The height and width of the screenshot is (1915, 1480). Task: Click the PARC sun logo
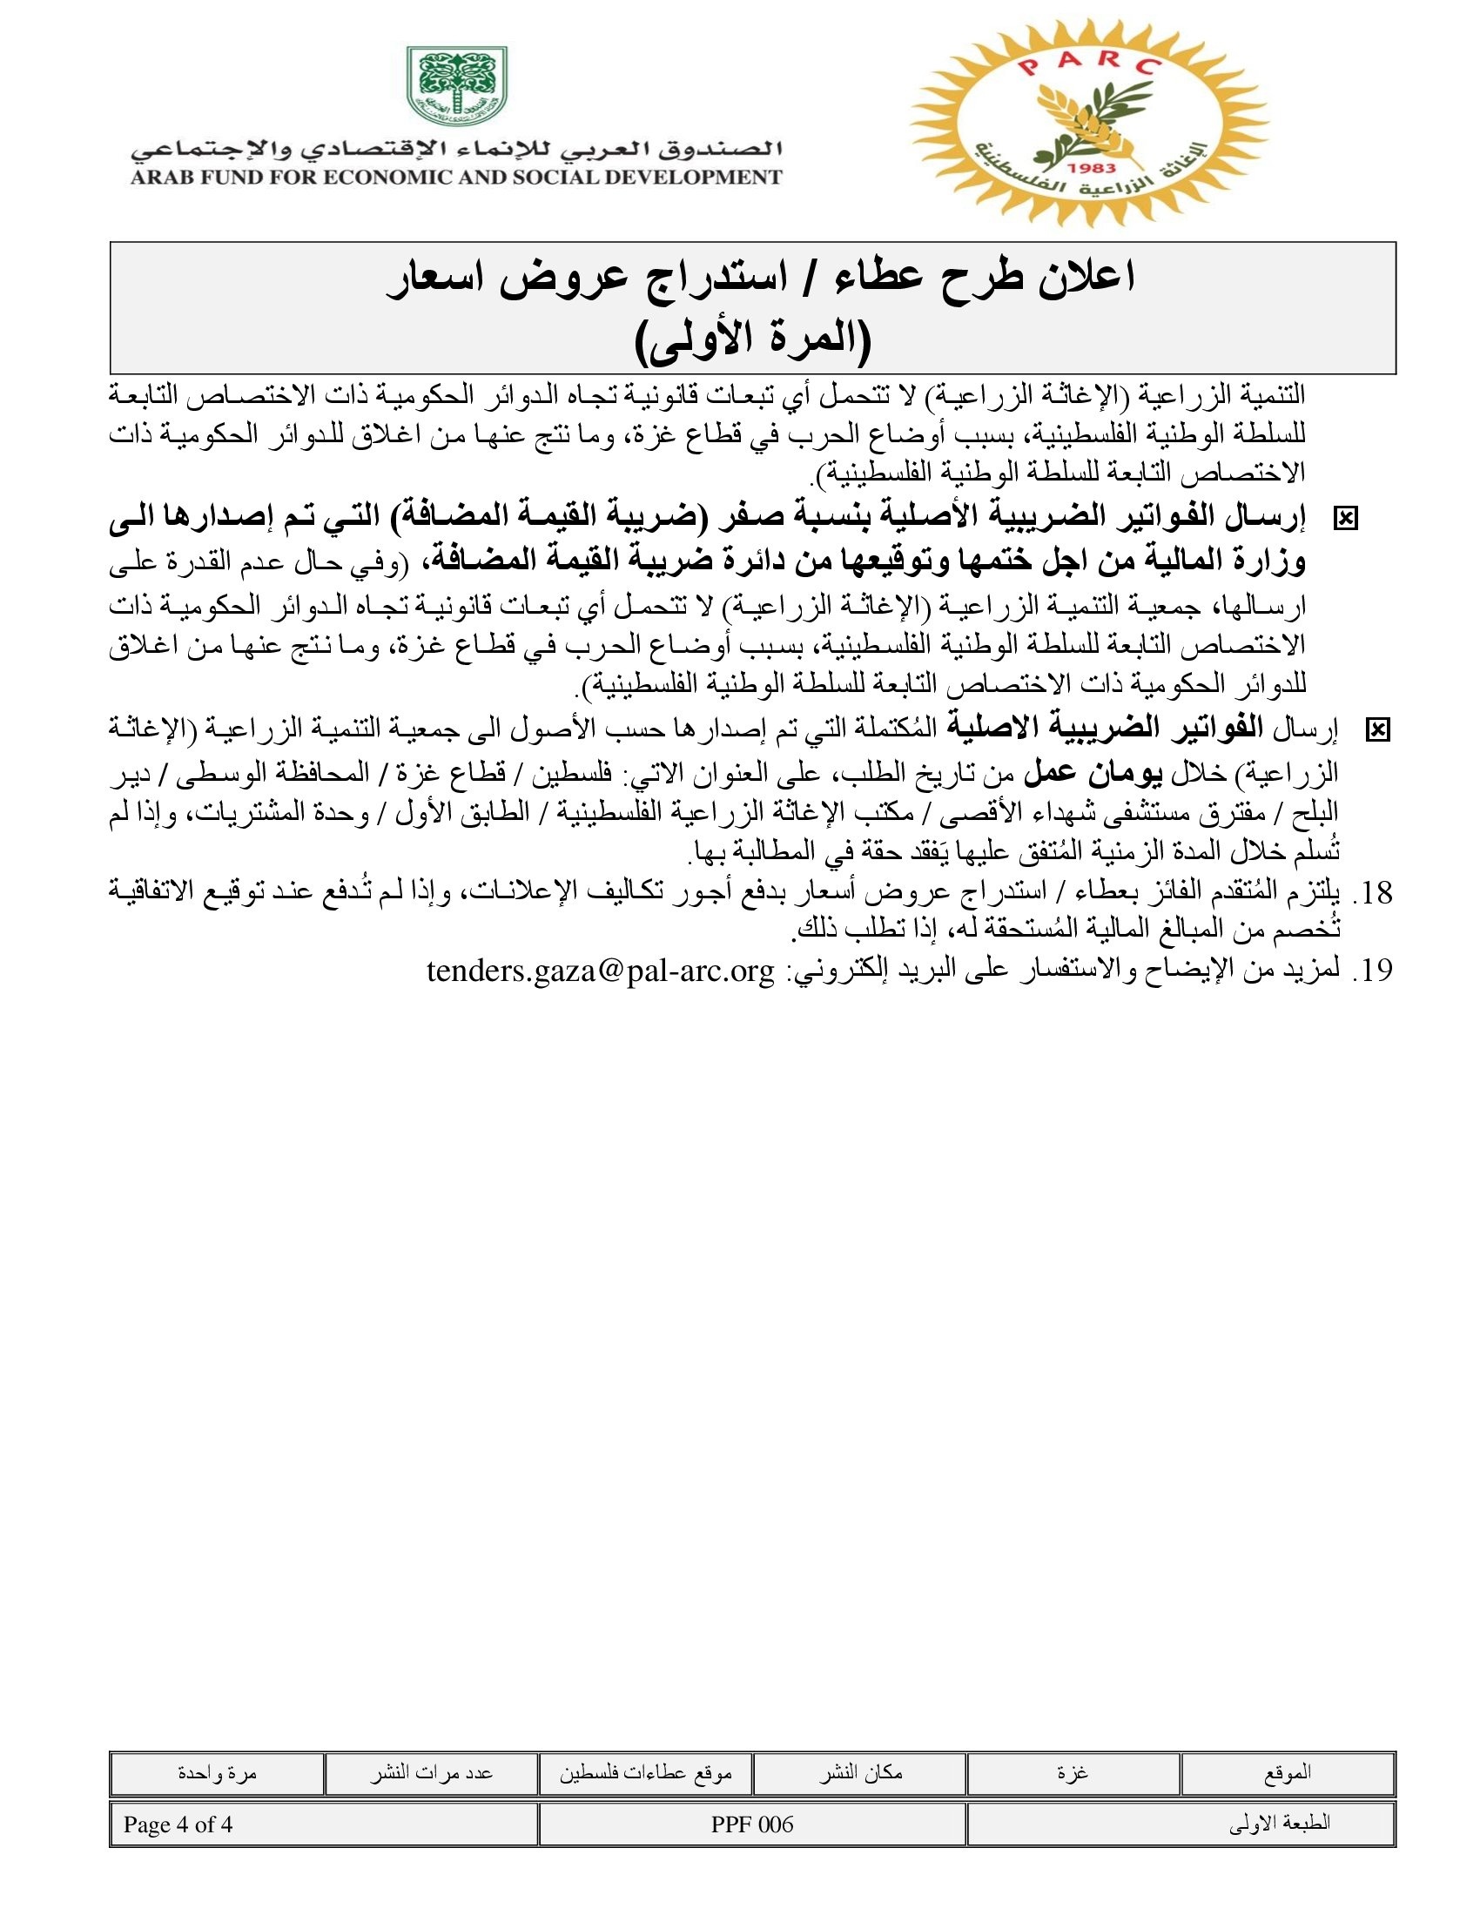(1088, 123)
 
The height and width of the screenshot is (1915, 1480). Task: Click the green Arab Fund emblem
(457, 86)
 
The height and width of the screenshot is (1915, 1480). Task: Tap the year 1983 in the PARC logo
(1093, 167)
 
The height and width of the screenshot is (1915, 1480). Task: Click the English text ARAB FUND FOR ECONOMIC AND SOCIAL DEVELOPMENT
(456, 178)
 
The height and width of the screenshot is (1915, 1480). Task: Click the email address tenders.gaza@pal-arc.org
(601, 971)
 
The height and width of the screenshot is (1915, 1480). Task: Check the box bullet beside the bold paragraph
(1344, 519)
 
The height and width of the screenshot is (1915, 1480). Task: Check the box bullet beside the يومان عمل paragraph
(1377, 729)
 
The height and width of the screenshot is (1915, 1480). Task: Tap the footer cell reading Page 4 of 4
(178, 1824)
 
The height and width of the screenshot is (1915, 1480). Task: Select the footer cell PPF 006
(752, 1824)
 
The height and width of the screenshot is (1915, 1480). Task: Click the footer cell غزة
(1073, 1773)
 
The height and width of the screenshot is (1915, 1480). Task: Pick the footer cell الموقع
(1287, 1773)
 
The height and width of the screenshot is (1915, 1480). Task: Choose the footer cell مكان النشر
(860, 1773)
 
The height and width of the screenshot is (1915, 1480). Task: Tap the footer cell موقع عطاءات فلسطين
(645, 1773)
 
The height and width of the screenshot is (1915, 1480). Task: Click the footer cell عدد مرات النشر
(431, 1773)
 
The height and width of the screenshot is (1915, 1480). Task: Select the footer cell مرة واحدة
(217, 1773)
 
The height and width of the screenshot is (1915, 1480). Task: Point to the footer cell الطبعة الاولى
(1279, 1824)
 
